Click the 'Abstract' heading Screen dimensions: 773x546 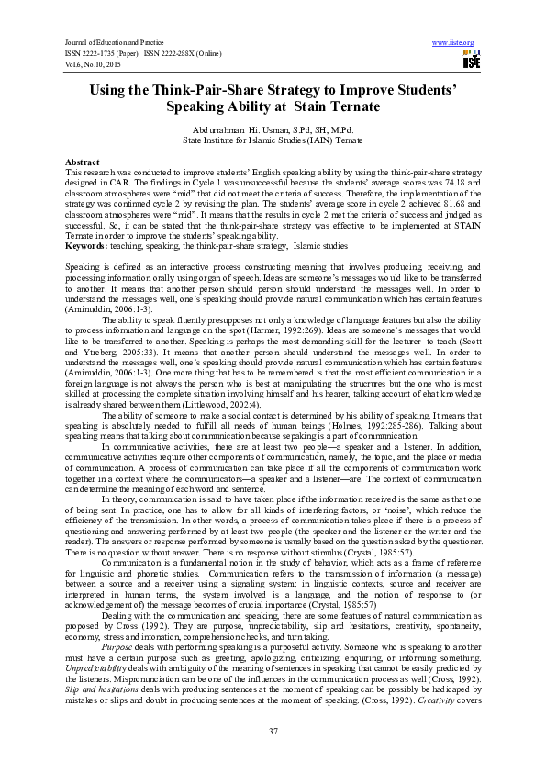[x=84, y=162]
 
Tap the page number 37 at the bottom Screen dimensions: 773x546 [x=273, y=730]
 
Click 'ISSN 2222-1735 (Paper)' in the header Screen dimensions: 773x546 [x=100, y=53]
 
